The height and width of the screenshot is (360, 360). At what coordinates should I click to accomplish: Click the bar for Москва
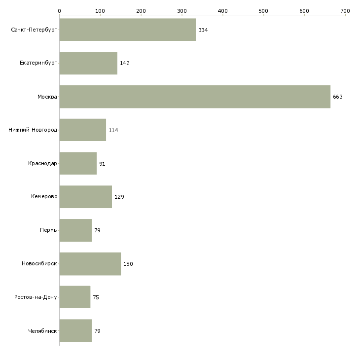195,97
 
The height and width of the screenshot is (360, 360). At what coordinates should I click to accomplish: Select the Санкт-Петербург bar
127,30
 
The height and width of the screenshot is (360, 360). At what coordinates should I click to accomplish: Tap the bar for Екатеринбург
88,63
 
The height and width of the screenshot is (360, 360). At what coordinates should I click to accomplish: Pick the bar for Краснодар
78,163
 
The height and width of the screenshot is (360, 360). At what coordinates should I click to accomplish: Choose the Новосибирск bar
90,264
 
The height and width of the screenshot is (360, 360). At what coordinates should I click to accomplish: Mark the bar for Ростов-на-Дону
74,297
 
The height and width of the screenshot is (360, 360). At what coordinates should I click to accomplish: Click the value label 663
337,97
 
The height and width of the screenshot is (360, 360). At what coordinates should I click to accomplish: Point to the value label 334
203,30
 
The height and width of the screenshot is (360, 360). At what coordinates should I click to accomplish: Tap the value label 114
113,130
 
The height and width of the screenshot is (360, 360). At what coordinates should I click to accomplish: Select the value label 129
119,197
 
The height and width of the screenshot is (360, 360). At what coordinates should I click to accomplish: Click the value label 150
128,264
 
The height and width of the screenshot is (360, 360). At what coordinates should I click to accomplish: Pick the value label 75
96,297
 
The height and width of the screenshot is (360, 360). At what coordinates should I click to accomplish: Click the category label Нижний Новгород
33,130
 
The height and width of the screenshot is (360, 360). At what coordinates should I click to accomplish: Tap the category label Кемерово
44,197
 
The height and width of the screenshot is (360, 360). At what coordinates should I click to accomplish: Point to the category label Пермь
48,230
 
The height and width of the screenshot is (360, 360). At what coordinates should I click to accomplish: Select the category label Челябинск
42,330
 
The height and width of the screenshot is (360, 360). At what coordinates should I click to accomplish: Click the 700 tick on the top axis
345,10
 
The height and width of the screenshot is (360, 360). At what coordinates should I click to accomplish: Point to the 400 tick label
222,10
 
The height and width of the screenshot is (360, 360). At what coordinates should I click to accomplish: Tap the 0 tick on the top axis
59,10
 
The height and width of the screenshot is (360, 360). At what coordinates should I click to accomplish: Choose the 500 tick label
263,10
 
